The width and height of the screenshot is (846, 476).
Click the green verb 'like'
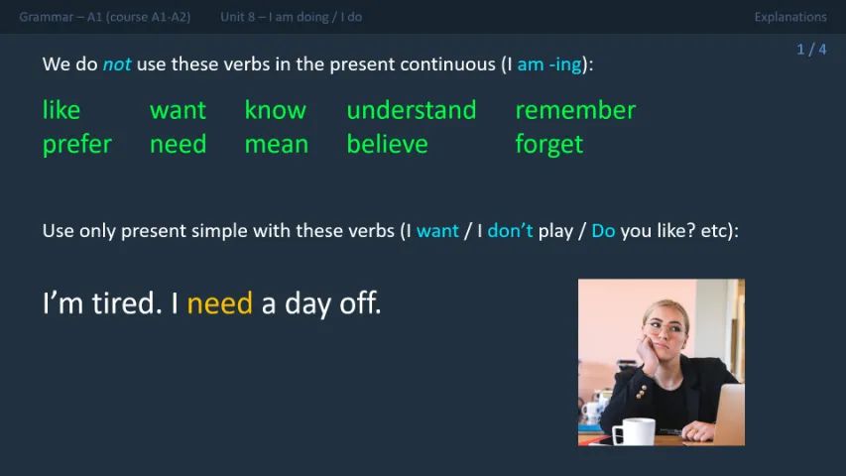61,110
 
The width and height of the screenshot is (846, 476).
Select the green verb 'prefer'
76,145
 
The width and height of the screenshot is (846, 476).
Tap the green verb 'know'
275,110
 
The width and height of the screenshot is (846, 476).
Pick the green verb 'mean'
276,145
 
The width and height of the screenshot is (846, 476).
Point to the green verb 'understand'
411,110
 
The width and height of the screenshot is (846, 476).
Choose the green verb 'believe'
387,145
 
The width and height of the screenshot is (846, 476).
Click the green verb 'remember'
575,110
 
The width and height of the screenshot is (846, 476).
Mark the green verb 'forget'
548,145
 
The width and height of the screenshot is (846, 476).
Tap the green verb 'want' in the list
178,110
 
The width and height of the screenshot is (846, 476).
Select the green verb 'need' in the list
178,145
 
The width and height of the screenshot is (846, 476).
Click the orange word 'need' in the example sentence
219,303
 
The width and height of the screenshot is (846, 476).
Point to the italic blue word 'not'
116,64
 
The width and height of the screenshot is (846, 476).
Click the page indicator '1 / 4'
810,50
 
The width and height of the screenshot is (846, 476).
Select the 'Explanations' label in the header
789,17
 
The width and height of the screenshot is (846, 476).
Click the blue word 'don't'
510,231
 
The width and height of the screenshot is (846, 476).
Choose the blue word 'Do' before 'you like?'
603,231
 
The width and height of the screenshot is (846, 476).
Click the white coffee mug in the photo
633,431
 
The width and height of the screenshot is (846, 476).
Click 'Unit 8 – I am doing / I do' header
291,17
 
